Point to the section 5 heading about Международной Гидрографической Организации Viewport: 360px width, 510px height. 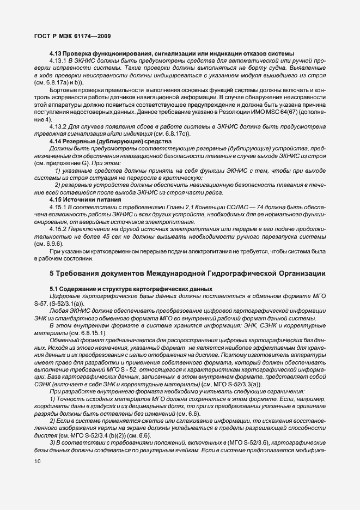click(x=188, y=273)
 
